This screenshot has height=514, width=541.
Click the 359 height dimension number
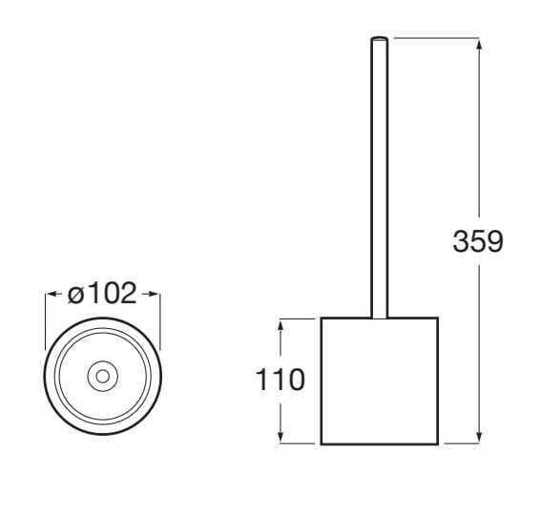[x=477, y=241]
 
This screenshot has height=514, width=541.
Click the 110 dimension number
[x=281, y=380]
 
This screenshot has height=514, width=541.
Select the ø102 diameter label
[x=103, y=294]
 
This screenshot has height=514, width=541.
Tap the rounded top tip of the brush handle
[x=379, y=40]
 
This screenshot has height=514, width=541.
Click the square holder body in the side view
[x=379, y=380]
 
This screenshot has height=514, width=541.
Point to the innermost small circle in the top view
[x=102, y=376]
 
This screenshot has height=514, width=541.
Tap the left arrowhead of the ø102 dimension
[x=52, y=295]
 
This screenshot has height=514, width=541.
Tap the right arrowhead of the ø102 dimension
[x=155, y=295]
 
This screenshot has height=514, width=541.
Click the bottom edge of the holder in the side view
[x=379, y=444]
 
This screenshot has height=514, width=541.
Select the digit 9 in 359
[x=494, y=241]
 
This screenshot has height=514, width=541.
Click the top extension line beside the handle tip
[x=434, y=38]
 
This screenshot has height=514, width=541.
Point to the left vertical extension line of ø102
[x=46, y=319]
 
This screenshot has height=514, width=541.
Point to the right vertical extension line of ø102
[x=160, y=319]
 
